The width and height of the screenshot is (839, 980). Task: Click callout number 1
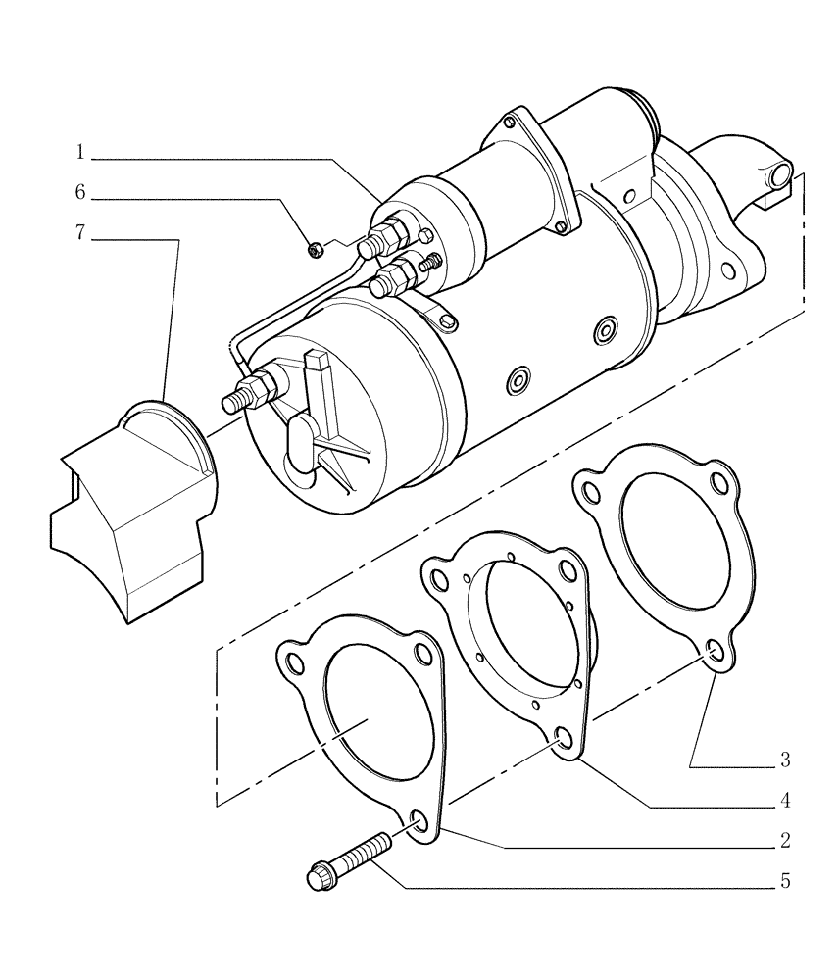(x=80, y=153)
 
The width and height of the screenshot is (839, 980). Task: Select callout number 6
(x=80, y=193)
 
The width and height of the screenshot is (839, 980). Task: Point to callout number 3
(x=785, y=759)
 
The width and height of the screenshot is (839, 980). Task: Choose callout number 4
(x=785, y=801)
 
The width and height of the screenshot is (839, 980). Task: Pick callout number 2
(x=785, y=841)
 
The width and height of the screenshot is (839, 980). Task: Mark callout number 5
(x=785, y=882)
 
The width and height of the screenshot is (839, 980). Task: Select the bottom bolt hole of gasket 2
(x=419, y=822)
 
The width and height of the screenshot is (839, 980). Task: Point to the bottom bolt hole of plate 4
(x=564, y=741)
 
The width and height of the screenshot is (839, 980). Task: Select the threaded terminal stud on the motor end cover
(x=237, y=400)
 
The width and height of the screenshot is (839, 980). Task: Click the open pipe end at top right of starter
(x=779, y=176)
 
